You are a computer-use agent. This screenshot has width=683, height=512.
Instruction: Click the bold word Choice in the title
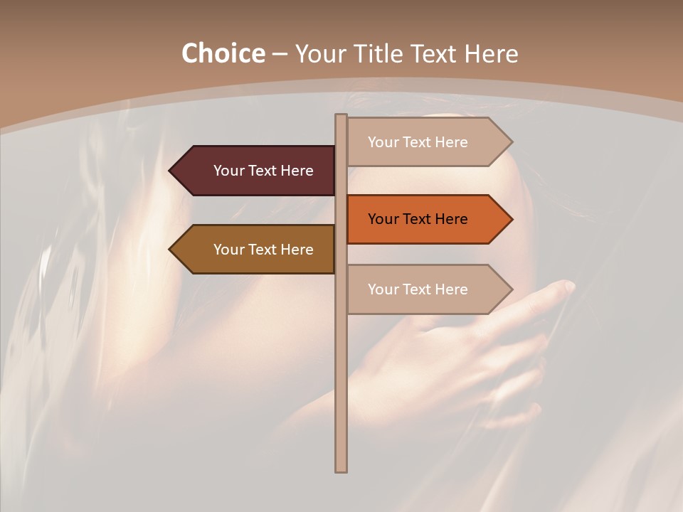point(223,53)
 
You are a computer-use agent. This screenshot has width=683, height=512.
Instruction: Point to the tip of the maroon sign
point(171,171)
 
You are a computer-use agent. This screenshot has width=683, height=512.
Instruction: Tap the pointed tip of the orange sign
point(511,219)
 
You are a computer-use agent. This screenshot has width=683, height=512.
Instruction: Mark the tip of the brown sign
point(171,250)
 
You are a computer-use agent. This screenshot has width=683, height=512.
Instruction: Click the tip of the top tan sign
point(511,142)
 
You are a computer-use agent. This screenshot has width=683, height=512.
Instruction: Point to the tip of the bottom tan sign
point(511,289)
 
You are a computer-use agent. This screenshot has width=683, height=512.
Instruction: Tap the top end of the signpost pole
point(341,116)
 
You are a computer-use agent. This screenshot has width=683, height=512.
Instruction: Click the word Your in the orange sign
point(383,219)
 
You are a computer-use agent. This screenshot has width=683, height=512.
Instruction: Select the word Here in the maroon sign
point(297,171)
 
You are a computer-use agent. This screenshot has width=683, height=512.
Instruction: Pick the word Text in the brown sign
point(263,250)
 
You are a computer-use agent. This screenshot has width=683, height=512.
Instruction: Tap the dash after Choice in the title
point(280,55)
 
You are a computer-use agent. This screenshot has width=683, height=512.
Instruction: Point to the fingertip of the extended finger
point(568,286)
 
